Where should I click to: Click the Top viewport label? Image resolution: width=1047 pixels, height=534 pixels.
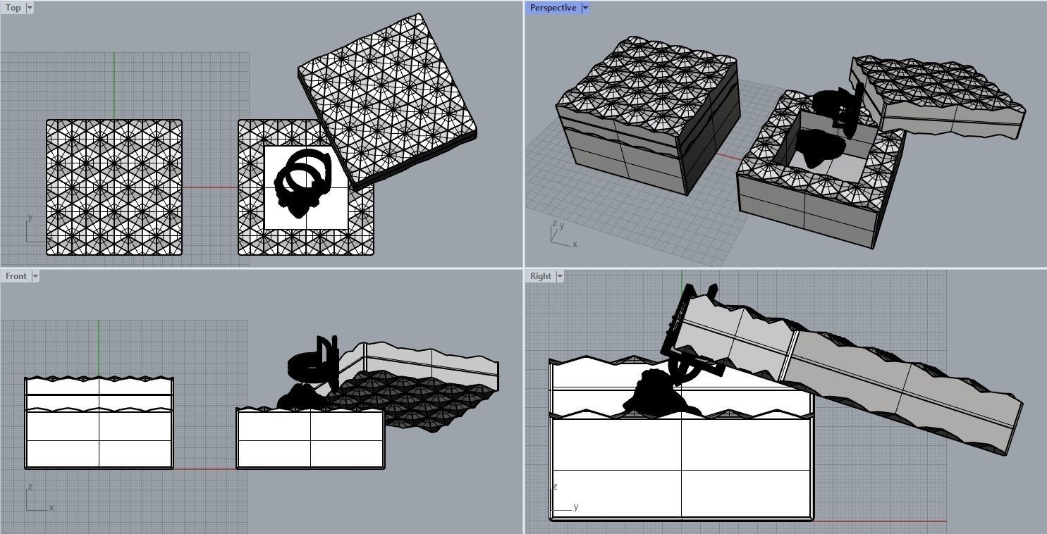pyautogui.click(x=13, y=8)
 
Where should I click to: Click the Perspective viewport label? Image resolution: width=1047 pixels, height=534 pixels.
pyautogui.click(x=553, y=8)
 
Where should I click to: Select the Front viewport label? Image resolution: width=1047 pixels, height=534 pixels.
pyautogui.click(x=16, y=276)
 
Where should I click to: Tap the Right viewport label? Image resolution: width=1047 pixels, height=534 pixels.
pyautogui.click(x=540, y=276)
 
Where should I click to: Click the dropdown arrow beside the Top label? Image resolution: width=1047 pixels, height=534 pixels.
pyautogui.click(x=30, y=8)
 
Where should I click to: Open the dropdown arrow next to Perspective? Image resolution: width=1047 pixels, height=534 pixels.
pyautogui.click(x=584, y=8)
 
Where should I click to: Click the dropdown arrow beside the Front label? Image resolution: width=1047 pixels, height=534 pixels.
pyautogui.click(x=35, y=276)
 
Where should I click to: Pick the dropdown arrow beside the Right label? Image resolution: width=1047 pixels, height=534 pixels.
pyautogui.click(x=560, y=276)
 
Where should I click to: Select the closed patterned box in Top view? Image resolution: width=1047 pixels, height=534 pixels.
pyautogui.click(x=114, y=187)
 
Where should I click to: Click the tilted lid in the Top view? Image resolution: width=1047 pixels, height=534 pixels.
pyautogui.click(x=386, y=99)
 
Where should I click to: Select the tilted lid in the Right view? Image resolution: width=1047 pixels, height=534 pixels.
pyautogui.click(x=881, y=373)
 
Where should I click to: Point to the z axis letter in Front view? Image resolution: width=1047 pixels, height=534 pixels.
pyautogui.click(x=30, y=487)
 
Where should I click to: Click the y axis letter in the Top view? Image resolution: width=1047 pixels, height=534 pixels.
pyautogui.click(x=30, y=218)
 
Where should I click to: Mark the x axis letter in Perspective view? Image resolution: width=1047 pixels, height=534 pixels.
pyautogui.click(x=575, y=244)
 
